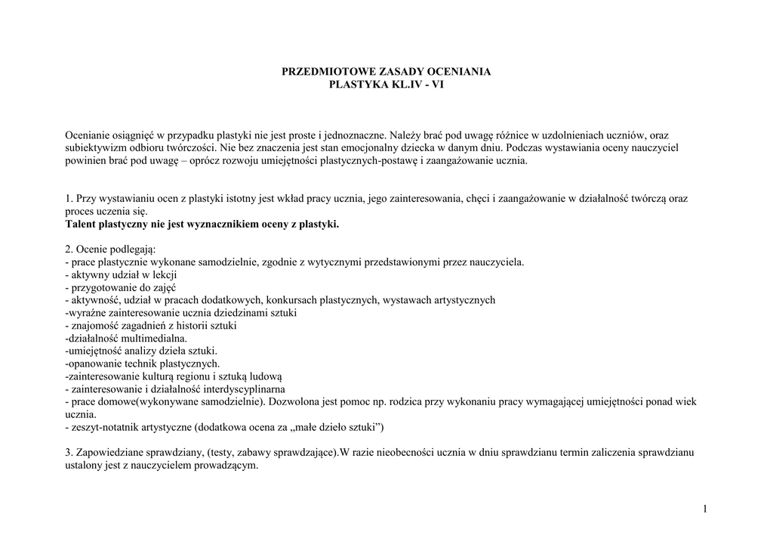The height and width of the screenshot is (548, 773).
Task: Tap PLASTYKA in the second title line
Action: coord(358,85)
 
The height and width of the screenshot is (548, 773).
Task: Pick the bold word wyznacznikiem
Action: coord(220,224)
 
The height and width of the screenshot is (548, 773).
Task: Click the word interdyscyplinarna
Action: coord(242,389)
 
